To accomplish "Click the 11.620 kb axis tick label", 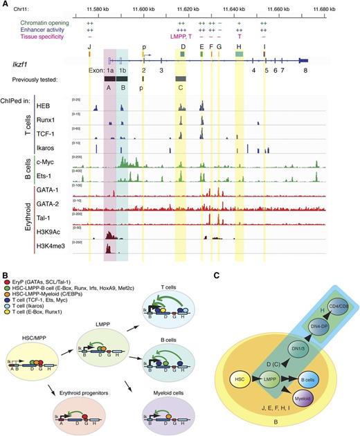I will click(x=207, y=9).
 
